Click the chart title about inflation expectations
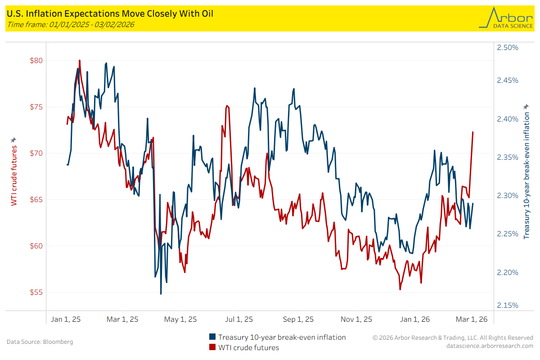tap(110, 14)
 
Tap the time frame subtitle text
tap(70, 24)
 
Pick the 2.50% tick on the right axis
tap(507, 47)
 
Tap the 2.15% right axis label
tap(507, 305)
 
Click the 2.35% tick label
tap(507, 157)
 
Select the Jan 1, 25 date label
tap(66, 319)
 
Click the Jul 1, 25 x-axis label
tap(238, 319)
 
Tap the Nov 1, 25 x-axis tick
tap(356, 319)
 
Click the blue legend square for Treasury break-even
tap(212, 337)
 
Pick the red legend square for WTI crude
tap(212, 347)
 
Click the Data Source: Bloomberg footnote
tap(40, 342)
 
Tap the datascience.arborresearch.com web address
tap(490, 346)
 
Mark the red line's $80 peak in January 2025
tap(80, 60)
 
